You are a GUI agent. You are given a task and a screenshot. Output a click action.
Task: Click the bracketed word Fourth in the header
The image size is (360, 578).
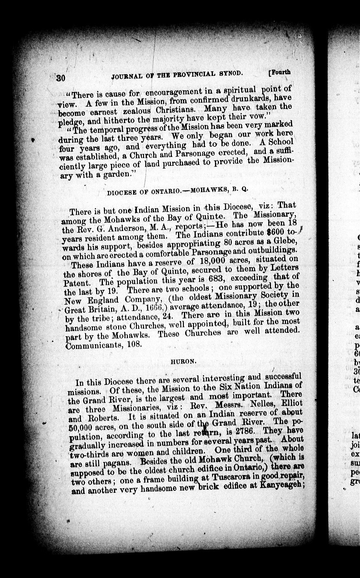(x=280, y=72)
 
